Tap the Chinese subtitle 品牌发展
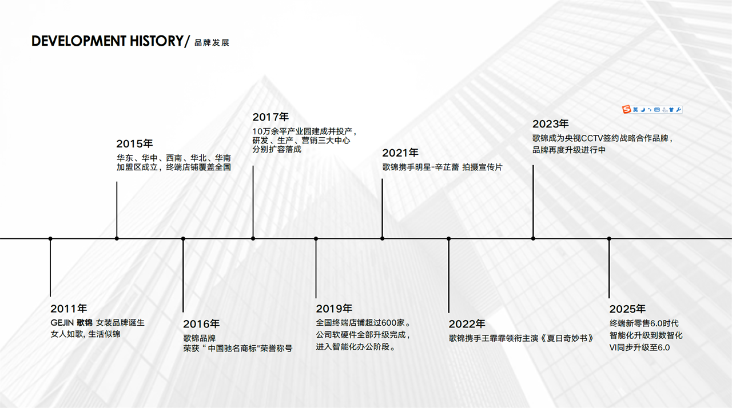tap(212, 43)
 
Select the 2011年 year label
tap(69, 309)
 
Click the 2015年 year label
tap(134, 143)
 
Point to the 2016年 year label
tap(201, 324)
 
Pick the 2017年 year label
tap(270, 117)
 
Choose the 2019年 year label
tap(334, 309)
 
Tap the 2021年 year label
tap(400, 153)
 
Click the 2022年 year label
tap(467, 324)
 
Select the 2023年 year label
tap(551, 124)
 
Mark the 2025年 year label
tap(627, 309)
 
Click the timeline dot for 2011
tap(50, 239)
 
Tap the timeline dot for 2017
tap(253, 239)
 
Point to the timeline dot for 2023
tap(533, 239)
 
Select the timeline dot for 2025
tap(609, 239)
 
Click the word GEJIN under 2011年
tap(62, 323)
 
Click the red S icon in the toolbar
tap(626, 109)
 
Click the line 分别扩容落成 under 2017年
tap(277, 150)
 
